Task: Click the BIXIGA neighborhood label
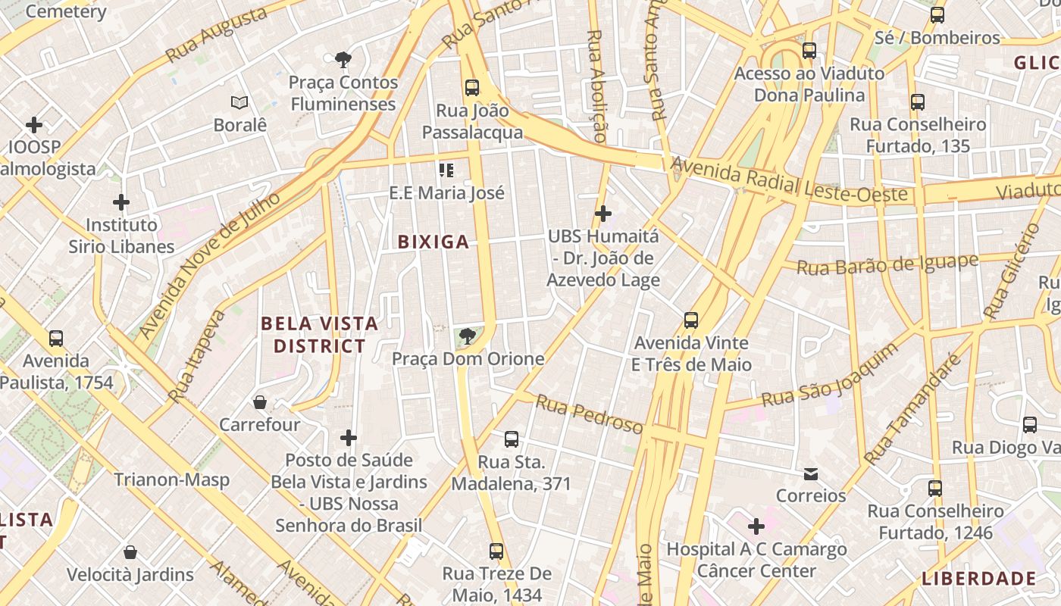point(433,242)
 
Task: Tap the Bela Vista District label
point(319,335)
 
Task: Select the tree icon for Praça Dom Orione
point(468,336)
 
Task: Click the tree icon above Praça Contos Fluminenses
point(343,59)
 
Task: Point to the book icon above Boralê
point(239,102)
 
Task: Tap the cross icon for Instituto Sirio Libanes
point(121,202)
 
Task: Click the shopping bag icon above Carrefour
point(260,401)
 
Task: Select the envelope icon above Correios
point(811,474)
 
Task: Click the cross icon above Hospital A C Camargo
point(756,526)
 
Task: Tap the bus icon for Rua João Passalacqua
point(472,88)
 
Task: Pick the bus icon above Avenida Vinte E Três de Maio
point(691,320)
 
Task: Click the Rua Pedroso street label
point(589,414)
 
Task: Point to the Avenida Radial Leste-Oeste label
point(789,180)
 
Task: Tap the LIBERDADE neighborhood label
point(978,579)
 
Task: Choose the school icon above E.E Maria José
point(446,170)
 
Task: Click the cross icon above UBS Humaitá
point(603,214)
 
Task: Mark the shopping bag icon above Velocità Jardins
point(130,552)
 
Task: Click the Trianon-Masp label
point(171,479)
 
